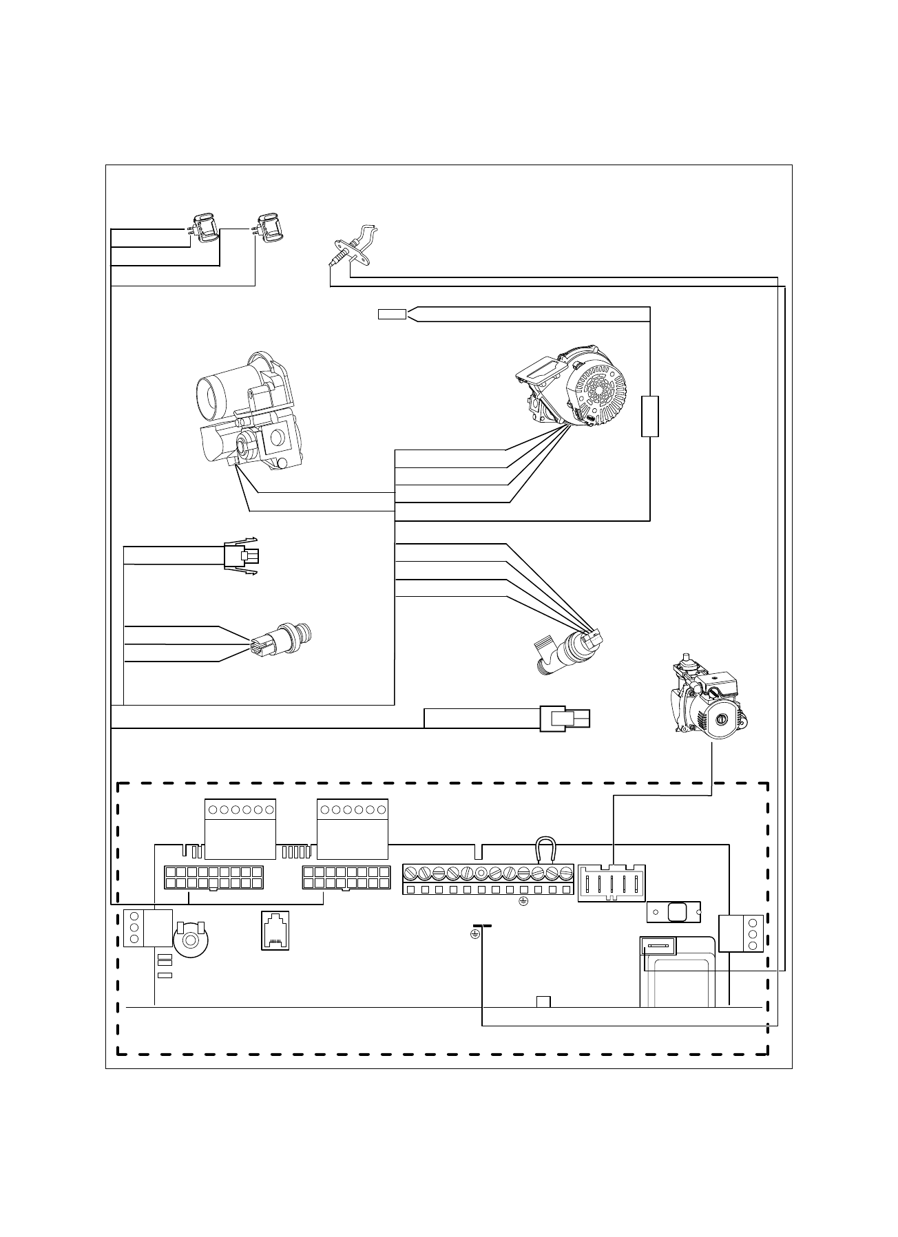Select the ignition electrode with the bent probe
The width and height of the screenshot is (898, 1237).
(x=354, y=246)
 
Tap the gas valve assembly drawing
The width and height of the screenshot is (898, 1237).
(x=245, y=411)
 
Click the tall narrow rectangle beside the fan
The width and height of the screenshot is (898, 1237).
(x=650, y=416)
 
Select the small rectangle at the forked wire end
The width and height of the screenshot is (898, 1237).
(x=392, y=315)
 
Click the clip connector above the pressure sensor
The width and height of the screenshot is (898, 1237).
(x=242, y=555)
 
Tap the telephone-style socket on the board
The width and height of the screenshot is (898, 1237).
(x=275, y=930)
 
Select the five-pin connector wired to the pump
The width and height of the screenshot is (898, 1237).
(x=612, y=882)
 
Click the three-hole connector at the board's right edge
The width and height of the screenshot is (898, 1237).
(x=742, y=933)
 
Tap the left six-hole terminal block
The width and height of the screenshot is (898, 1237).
(x=240, y=828)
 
